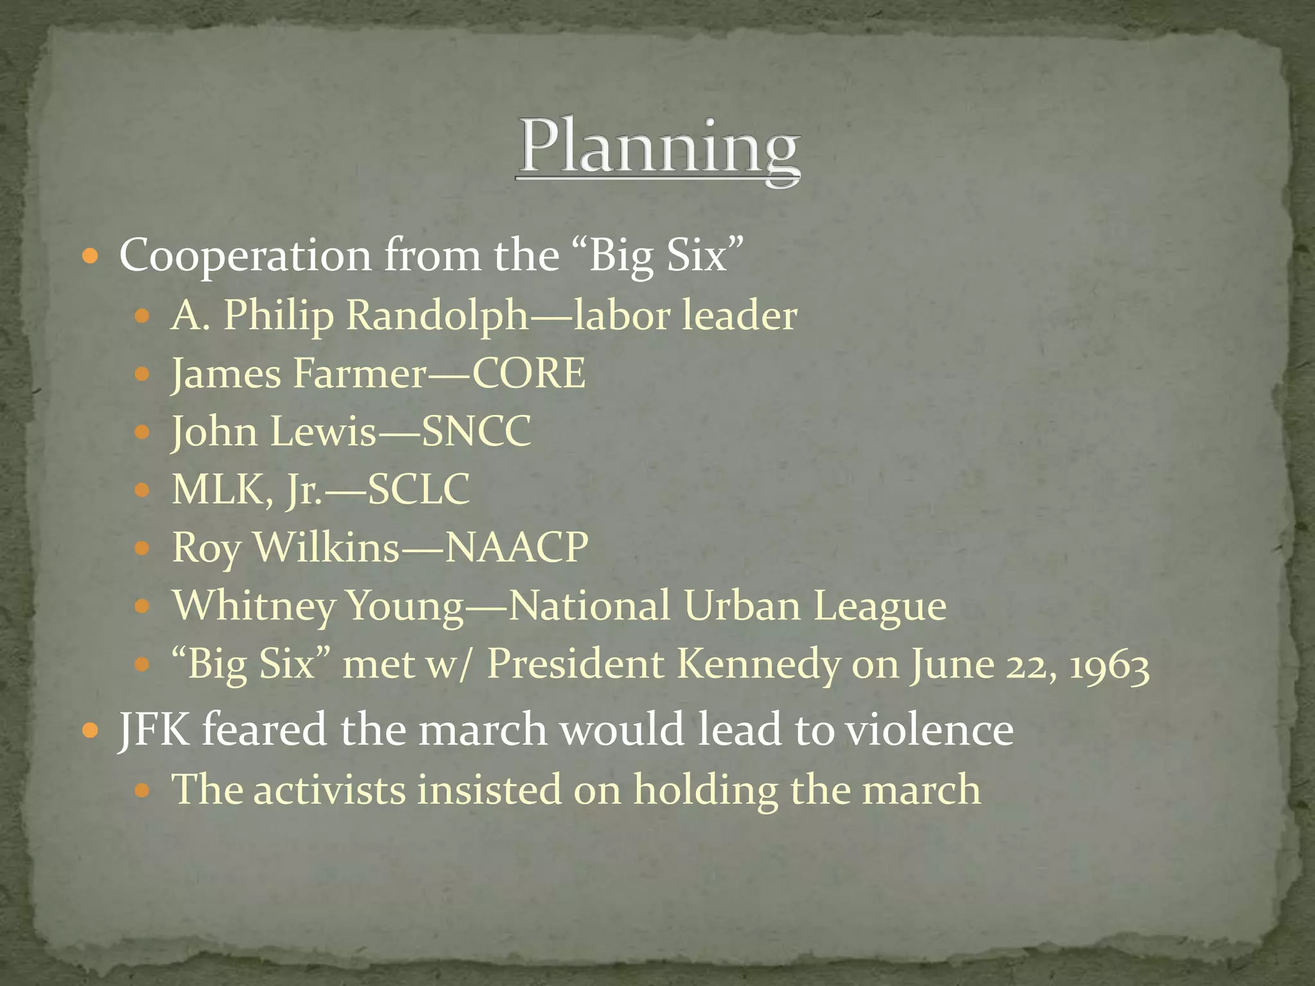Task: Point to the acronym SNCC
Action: (476, 431)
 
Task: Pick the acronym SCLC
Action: (419, 489)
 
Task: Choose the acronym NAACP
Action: (517, 548)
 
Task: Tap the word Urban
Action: (742, 605)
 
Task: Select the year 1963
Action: (1109, 665)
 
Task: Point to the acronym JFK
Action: (155, 729)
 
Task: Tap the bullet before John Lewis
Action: (142, 432)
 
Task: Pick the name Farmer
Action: (359, 373)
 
